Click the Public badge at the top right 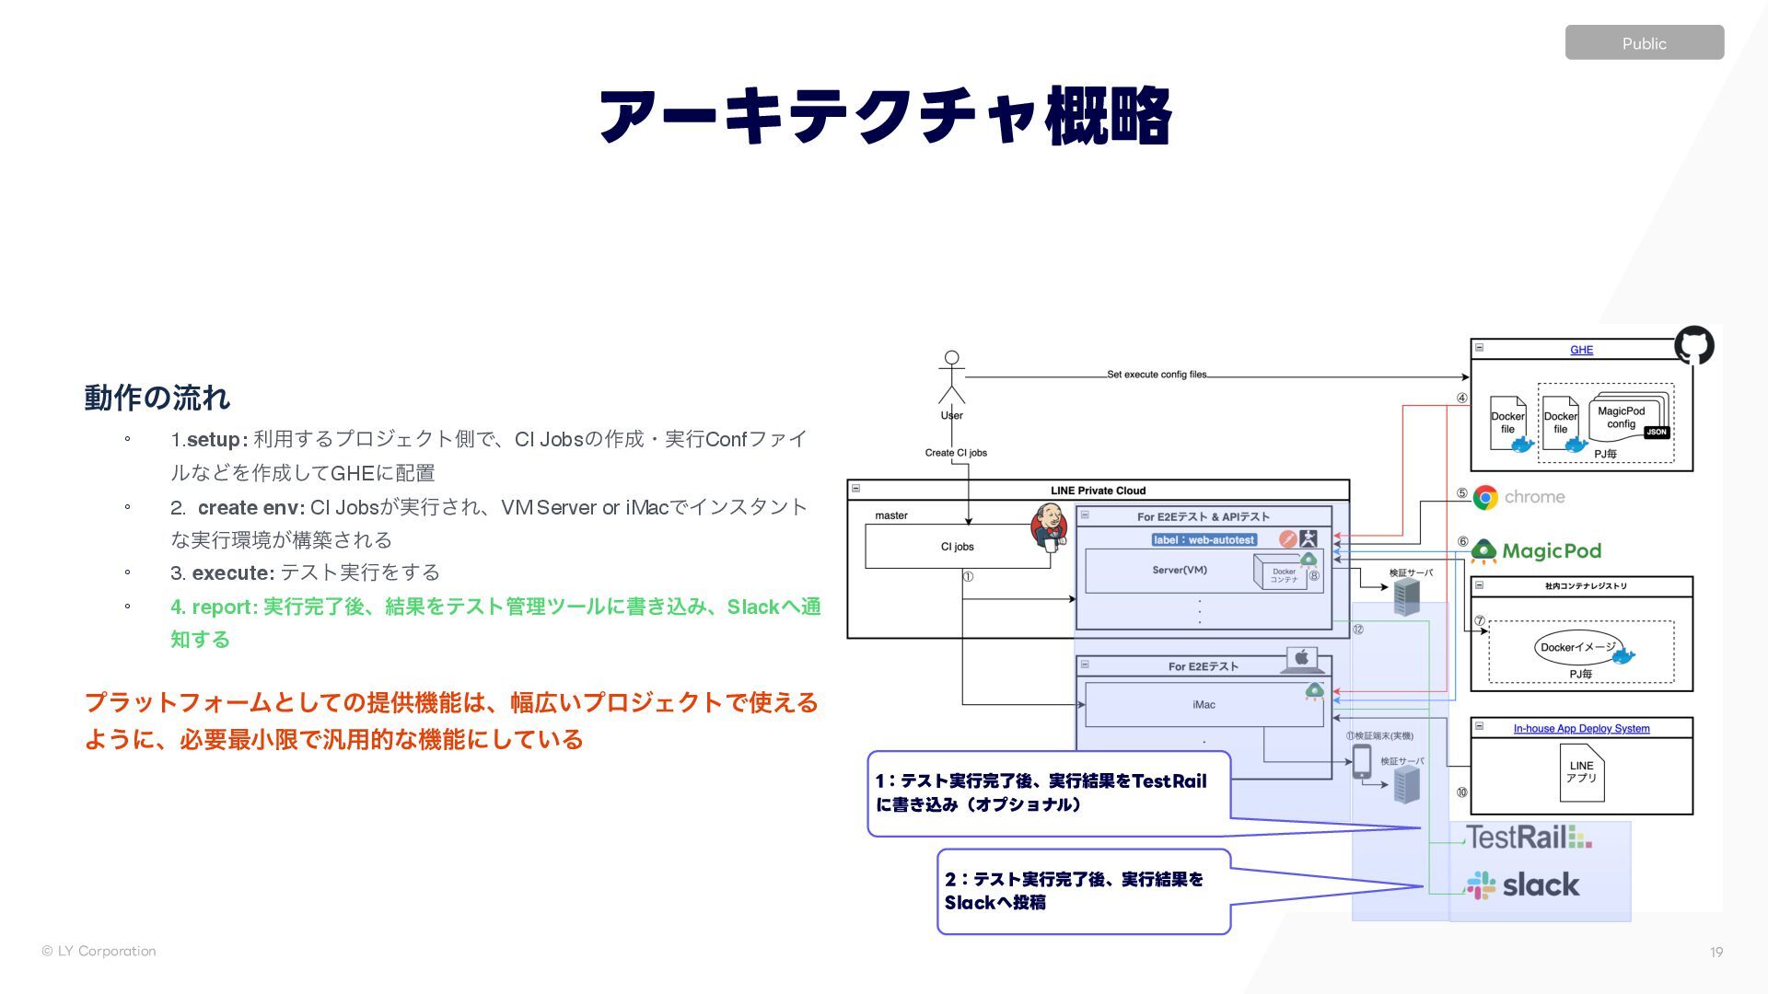coord(1644,43)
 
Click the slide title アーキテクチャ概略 coord(884,116)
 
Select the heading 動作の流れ coord(157,398)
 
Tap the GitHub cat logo coord(1693,346)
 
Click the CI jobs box coord(957,547)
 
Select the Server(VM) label coord(1179,570)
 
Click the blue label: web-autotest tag coord(1204,540)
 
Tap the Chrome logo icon coord(1485,498)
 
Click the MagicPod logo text coord(1551,551)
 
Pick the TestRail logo coord(1528,837)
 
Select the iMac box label coord(1204,705)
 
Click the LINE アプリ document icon coord(1581,772)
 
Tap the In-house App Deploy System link coord(1581,729)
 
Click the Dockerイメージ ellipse coord(1577,647)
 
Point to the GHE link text coord(1581,350)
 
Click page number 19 coord(1716,953)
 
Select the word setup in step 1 coord(213,440)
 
